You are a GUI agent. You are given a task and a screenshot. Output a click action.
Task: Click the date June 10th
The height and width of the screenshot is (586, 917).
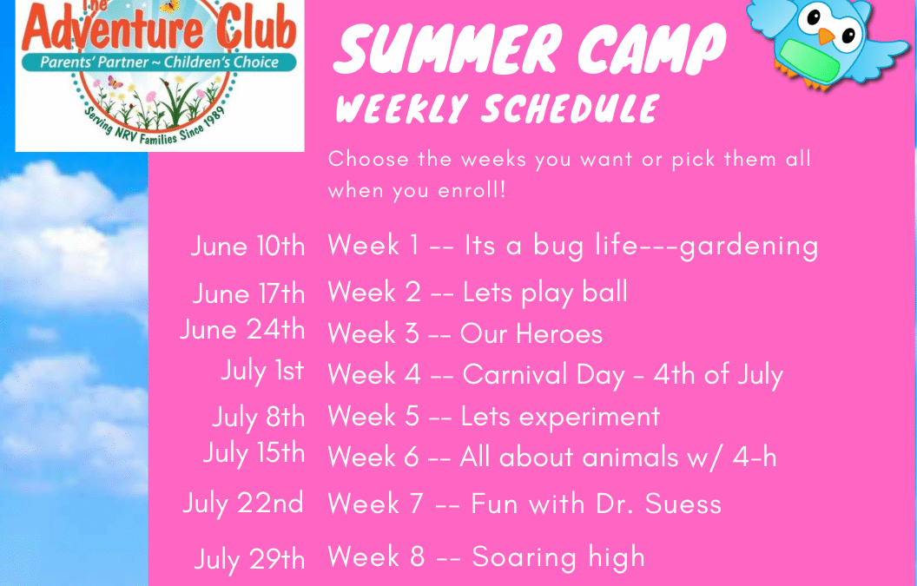pyautogui.click(x=248, y=247)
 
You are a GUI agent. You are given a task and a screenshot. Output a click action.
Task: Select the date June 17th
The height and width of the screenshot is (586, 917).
pyautogui.click(x=248, y=293)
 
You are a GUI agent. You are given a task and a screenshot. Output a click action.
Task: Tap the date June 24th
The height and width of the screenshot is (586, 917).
pyautogui.click(x=242, y=330)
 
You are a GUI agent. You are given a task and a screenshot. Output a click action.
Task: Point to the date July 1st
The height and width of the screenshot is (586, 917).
pyautogui.click(x=262, y=371)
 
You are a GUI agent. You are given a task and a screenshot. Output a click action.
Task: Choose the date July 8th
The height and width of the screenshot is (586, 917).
pyautogui.click(x=259, y=418)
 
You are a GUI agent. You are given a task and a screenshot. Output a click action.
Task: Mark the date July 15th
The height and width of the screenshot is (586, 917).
pyautogui.click(x=254, y=454)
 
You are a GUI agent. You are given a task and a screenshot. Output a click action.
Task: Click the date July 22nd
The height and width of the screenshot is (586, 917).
pyautogui.click(x=243, y=504)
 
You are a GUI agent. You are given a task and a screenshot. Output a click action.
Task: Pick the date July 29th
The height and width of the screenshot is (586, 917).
pyautogui.click(x=250, y=559)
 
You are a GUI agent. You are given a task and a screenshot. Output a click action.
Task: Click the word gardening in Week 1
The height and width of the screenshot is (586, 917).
pyautogui.click(x=748, y=247)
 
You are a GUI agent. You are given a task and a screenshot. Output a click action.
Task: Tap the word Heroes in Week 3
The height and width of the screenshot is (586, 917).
pyautogui.click(x=559, y=334)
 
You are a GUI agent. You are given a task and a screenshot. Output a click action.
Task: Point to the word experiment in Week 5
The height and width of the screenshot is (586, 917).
pyautogui.click(x=590, y=417)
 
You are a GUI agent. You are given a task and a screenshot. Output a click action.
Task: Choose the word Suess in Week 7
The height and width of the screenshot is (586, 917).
pyautogui.click(x=683, y=504)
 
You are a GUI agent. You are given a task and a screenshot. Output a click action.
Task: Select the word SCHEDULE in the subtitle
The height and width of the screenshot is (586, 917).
pyautogui.click(x=571, y=109)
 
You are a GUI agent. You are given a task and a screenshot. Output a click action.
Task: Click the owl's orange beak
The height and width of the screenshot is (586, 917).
pyautogui.click(x=825, y=36)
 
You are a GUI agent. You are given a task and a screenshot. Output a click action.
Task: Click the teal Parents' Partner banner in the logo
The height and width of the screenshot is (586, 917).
pyautogui.click(x=159, y=62)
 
